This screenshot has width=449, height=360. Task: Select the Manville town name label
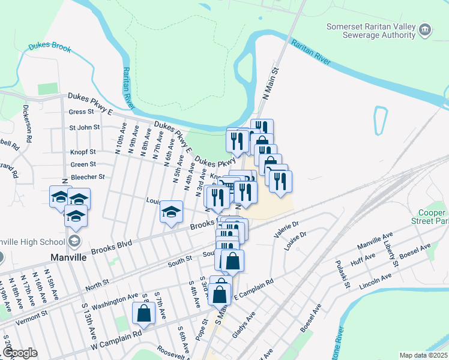[x=67, y=257]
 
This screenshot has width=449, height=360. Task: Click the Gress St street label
[x=82, y=112]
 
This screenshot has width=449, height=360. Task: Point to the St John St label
[x=84, y=127]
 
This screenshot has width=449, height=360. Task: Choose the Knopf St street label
[x=83, y=152]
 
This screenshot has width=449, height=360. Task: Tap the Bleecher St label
[x=88, y=177]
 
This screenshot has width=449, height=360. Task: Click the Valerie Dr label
[x=286, y=229]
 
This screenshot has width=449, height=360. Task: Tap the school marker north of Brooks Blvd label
[x=171, y=211]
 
